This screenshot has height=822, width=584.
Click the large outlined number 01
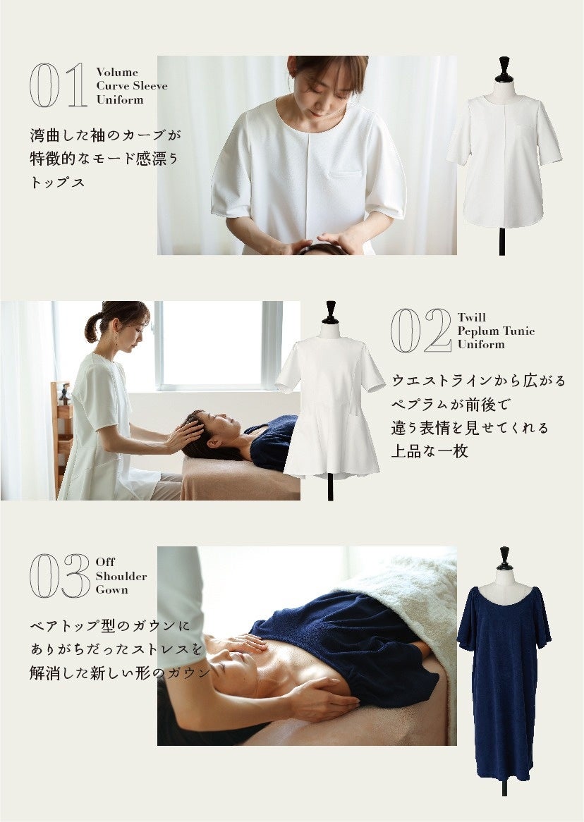pos(59,85)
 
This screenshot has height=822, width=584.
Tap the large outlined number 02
pos(421,330)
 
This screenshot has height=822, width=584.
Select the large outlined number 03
pos(60,575)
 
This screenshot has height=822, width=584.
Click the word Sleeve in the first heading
pos(150,86)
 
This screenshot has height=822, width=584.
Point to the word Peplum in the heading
pos(475,331)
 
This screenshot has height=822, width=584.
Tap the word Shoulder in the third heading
pos(121,576)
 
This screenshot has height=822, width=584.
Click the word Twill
pos(472,317)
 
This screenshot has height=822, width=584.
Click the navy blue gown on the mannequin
pos(504,682)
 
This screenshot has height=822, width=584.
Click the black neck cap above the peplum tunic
pos(331,312)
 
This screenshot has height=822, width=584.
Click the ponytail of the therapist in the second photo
pos(92,327)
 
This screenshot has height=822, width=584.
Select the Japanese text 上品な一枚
pos(430,451)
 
